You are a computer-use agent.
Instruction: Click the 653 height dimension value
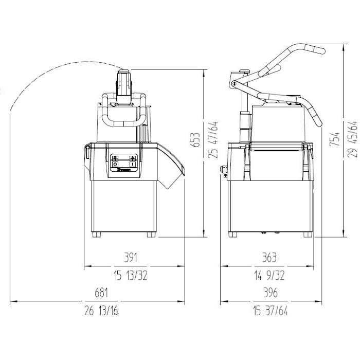195,139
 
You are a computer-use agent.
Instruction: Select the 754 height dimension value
334,139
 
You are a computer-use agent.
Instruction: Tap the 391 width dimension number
131,257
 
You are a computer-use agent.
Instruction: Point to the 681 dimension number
101,293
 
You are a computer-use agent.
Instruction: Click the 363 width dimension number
269,257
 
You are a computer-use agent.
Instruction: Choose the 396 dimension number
270,293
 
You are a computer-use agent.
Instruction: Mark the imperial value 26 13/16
101,311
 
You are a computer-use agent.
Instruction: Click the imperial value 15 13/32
131,275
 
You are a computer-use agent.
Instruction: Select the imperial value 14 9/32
269,275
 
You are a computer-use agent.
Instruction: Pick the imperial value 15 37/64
270,311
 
